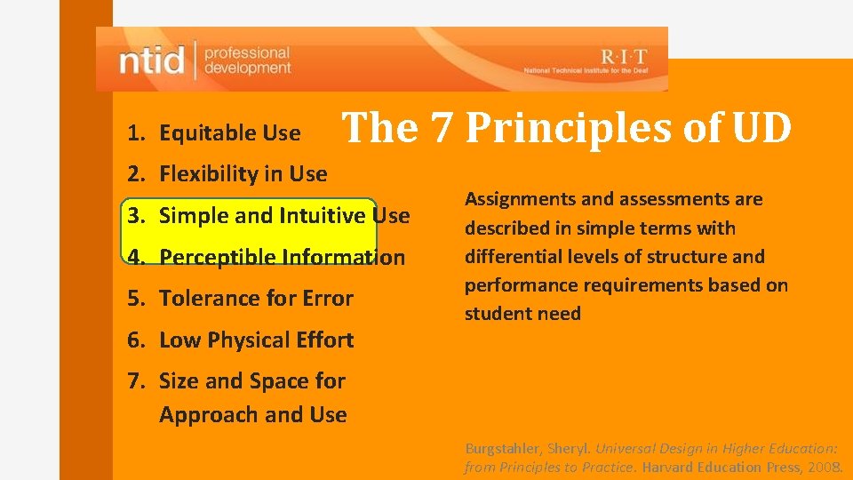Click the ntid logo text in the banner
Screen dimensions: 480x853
(x=152, y=60)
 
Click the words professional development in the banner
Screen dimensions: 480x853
(x=247, y=60)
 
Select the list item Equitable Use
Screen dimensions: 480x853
(x=229, y=133)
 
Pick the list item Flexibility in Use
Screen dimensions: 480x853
(x=243, y=174)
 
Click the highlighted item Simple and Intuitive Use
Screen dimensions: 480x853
(x=284, y=216)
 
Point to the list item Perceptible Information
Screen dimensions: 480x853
(x=282, y=258)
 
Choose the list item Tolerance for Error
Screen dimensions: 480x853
(x=256, y=299)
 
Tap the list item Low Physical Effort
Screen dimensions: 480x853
(x=256, y=340)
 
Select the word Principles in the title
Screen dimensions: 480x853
(x=569, y=128)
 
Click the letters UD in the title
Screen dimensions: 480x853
(x=761, y=128)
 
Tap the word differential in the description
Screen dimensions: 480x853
(x=506, y=257)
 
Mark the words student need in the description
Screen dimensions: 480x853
(x=522, y=314)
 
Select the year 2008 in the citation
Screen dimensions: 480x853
(x=826, y=467)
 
